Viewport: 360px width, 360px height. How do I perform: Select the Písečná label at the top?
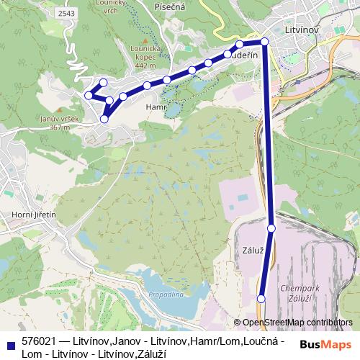(170, 6)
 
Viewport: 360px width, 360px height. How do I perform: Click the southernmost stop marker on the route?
(261, 299)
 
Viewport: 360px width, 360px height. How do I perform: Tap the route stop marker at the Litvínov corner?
(265, 42)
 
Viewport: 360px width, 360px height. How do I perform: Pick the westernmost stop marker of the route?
(89, 95)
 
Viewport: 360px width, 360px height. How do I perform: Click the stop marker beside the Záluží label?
(271, 228)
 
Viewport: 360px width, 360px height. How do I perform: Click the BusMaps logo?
(325, 344)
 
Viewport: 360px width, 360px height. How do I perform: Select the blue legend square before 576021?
(10, 341)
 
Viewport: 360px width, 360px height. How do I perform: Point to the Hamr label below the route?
(156, 106)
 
